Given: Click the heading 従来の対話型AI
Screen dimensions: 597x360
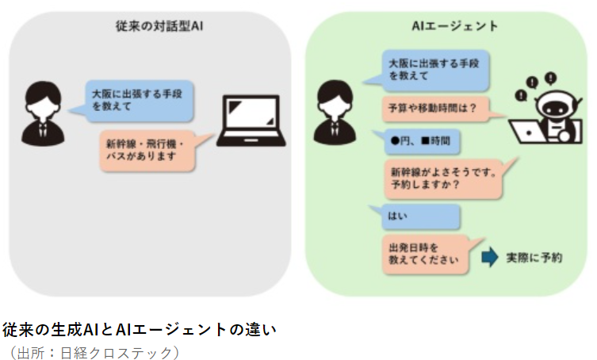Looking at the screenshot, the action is [159, 26].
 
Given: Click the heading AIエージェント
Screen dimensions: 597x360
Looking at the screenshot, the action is [455, 26].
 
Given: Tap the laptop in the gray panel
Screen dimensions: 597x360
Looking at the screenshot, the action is [251, 121].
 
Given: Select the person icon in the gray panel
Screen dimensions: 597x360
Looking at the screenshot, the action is [43, 113].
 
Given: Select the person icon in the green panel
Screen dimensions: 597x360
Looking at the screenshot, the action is [335, 113].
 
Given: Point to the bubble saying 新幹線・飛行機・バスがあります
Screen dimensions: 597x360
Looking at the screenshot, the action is [152, 151].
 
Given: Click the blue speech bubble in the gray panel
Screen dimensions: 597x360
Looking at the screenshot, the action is [136, 101].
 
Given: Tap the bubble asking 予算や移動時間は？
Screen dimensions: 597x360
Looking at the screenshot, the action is [438, 109].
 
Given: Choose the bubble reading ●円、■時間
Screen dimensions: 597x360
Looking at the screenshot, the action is [419, 141].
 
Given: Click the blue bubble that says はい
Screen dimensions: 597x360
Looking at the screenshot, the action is [417, 216].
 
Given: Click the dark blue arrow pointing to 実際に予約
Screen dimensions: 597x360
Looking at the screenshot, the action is [490, 257].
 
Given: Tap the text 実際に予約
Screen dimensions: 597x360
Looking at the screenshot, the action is [534, 258].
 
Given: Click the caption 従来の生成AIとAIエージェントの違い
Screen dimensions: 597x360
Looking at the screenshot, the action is [140, 330].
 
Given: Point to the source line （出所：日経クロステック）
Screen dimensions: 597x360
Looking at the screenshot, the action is [94, 352].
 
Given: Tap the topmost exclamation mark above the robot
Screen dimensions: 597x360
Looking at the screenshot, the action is [550, 79].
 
